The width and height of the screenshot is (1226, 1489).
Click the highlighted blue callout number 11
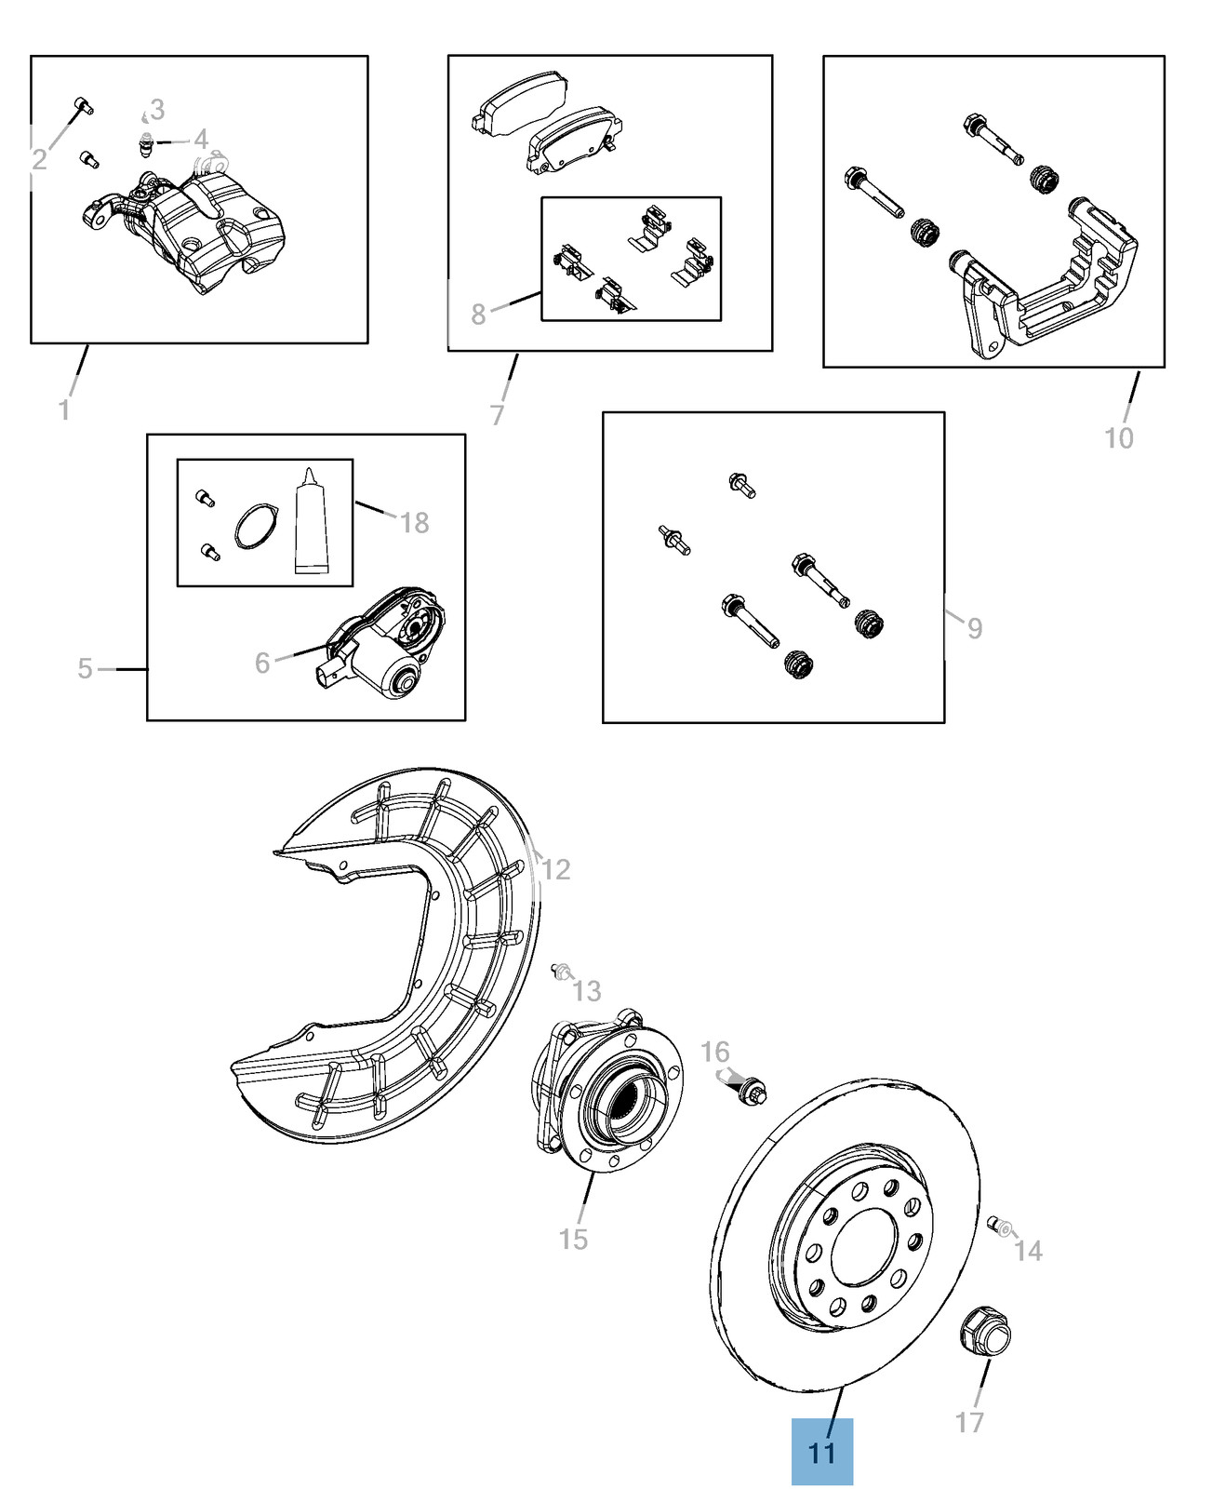[x=821, y=1452]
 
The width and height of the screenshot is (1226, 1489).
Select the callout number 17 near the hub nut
[x=969, y=1421]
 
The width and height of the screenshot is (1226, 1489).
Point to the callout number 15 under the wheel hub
[x=573, y=1239]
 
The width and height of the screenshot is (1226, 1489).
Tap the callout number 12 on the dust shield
[x=555, y=869]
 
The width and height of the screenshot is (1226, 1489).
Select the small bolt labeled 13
[x=562, y=973]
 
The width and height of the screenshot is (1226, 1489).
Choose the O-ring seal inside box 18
[x=256, y=527]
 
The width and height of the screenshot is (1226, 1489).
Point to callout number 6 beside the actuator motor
[x=262, y=663]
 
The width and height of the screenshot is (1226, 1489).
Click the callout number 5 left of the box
[x=85, y=668]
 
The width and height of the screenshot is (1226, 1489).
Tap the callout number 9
[x=974, y=628]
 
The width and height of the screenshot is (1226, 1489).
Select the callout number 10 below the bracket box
[x=1118, y=437]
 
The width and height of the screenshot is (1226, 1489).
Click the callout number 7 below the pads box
[x=498, y=414]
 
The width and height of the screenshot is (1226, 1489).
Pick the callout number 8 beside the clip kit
[x=478, y=314]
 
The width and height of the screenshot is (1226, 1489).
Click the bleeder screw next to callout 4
[x=146, y=143]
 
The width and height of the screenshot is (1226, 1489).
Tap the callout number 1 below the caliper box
[x=64, y=409]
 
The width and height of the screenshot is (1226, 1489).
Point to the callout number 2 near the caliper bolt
[x=39, y=160]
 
